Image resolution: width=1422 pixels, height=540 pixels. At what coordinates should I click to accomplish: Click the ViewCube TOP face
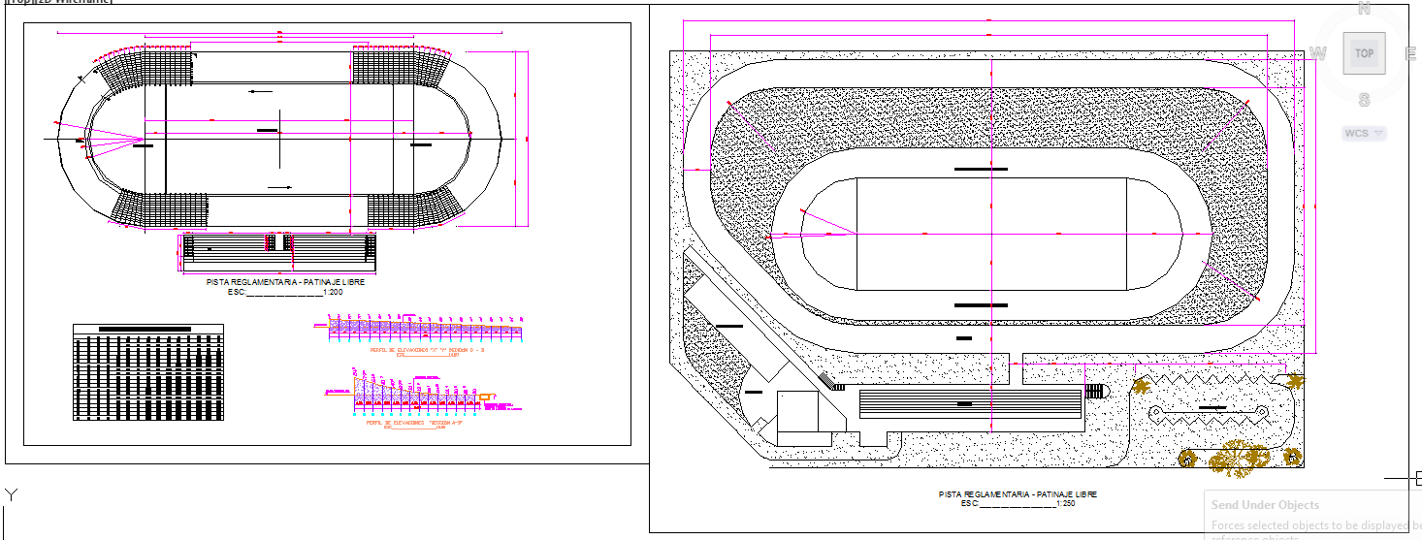point(1364,53)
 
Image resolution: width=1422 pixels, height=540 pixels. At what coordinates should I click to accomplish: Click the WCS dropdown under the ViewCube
point(1364,133)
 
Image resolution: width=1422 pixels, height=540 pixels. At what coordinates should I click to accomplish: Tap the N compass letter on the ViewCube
point(1364,9)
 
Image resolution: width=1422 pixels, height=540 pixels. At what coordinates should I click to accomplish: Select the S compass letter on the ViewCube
point(1364,100)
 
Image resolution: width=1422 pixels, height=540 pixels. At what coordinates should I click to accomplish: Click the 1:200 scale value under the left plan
point(332,292)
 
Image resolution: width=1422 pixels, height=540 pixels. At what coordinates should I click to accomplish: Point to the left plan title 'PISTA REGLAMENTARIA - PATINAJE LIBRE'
point(285,282)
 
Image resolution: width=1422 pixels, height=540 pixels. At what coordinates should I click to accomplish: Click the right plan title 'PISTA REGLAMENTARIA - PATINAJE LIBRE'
point(1018,494)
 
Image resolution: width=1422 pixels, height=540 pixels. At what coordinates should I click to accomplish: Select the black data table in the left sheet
point(147,373)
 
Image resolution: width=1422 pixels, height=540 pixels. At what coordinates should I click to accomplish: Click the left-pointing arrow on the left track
point(258,92)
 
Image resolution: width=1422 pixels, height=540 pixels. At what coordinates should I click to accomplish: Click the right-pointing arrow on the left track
point(280,187)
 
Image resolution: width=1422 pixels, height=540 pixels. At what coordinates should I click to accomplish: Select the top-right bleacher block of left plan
point(400,69)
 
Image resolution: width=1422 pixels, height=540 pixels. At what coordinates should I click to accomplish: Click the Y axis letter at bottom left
point(12,495)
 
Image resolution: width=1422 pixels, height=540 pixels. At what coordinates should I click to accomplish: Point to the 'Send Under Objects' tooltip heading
point(1265,505)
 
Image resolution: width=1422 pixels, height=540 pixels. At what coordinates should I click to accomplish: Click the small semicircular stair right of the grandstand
point(1095,391)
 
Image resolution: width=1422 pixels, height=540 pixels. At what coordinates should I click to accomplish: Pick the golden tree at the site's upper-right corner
point(1141,386)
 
